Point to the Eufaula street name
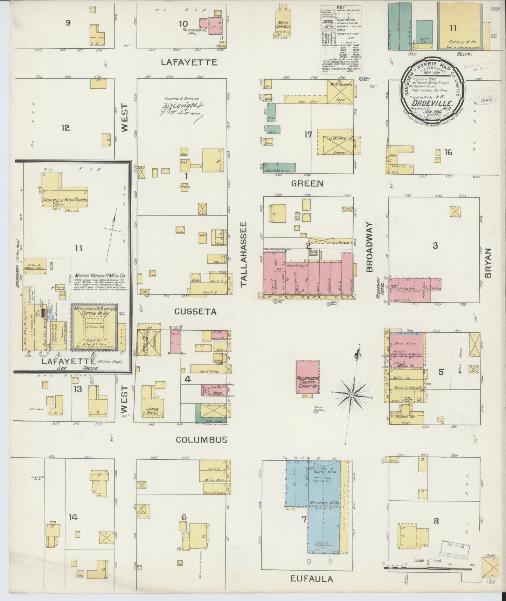click(311, 579)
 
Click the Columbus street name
click(201, 439)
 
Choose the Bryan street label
click(488, 263)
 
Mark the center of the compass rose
click(351, 395)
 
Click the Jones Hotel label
click(153, 411)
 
